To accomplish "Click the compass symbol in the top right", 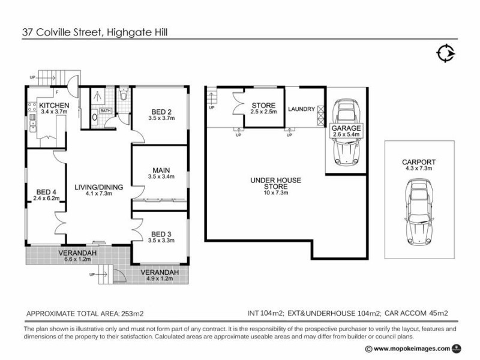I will pyautogui.click(x=445, y=53).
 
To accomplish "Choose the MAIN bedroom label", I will pyautogui.click(x=161, y=169).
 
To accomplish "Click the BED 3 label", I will pyautogui.click(x=161, y=233).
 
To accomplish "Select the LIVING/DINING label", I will pyautogui.click(x=99, y=187).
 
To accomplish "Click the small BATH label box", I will pyautogui.click(x=106, y=111).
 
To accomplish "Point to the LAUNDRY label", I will pyautogui.click(x=301, y=109).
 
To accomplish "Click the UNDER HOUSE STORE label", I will pyautogui.click(x=276, y=183).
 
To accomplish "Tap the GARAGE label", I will pyautogui.click(x=345, y=128).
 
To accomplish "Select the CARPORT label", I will pyautogui.click(x=419, y=162).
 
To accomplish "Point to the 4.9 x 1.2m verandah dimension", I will pyautogui.click(x=160, y=278).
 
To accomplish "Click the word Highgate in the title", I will pyautogui.click(x=127, y=32).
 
